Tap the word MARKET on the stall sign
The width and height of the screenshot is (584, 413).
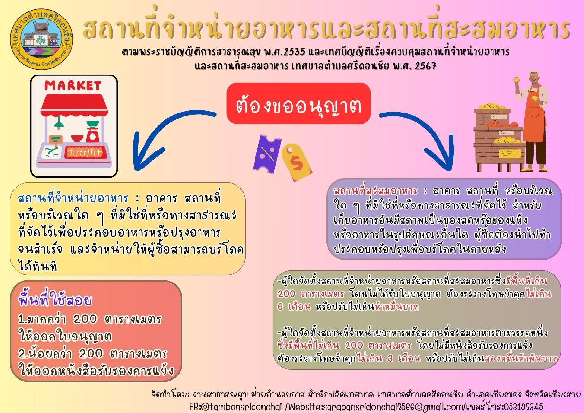[73, 86]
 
